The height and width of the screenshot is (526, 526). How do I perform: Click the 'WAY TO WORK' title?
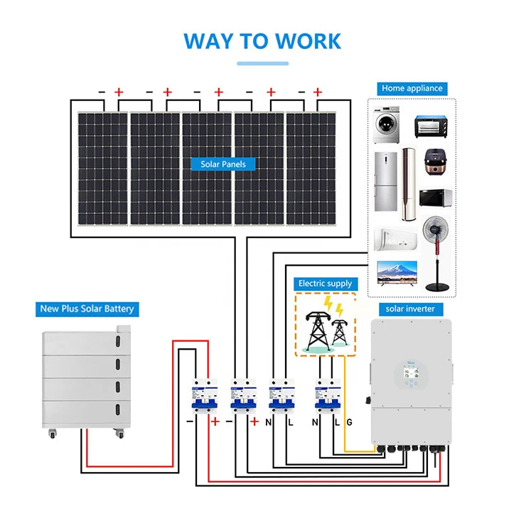pyautogui.click(x=262, y=40)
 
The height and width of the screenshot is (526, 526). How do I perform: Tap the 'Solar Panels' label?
pyautogui.click(x=223, y=164)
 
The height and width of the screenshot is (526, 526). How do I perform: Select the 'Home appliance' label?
pyautogui.click(x=412, y=89)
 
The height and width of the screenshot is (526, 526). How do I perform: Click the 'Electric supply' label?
pyautogui.click(x=325, y=284)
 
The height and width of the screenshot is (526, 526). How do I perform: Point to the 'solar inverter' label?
pyautogui.click(x=410, y=308)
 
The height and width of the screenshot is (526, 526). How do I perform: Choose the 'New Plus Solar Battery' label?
pyautogui.click(x=87, y=309)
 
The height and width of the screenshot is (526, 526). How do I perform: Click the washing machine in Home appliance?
pyautogui.click(x=388, y=126)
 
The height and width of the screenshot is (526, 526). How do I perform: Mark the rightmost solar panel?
pyautogui.click(x=311, y=168)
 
